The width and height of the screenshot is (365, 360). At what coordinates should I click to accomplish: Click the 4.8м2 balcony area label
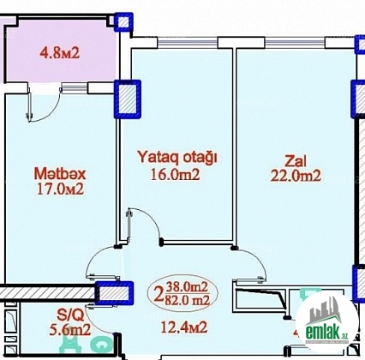(59, 53)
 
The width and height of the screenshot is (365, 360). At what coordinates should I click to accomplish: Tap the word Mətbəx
(60, 174)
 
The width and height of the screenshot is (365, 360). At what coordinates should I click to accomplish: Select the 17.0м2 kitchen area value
(60, 189)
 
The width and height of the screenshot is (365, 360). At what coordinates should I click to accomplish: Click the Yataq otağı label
(177, 158)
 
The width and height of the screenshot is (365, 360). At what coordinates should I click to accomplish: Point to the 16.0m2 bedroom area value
(175, 175)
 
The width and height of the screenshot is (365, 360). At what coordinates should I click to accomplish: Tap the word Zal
(296, 161)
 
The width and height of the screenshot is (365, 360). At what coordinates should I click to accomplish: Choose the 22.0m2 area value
(296, 176)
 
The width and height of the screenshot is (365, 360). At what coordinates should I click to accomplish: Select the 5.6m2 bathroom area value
(70, 330)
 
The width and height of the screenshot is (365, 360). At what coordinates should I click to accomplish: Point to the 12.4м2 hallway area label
(184, 327)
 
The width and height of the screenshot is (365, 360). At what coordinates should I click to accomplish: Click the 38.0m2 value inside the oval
(187, 287)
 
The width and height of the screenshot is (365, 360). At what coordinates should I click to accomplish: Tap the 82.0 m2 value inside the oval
(188, 299)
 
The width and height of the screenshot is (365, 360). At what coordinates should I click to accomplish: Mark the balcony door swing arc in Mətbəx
(54, 110)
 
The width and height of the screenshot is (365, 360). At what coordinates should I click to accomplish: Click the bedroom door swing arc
(150, 218)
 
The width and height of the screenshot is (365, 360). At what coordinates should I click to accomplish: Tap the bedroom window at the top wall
(188, 43)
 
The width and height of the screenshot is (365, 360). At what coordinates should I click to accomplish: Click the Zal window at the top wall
(295, 43)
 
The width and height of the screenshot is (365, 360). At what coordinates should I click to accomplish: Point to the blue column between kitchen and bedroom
(128, 99)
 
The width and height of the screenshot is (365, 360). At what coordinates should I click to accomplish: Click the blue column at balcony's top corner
(123, 21)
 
